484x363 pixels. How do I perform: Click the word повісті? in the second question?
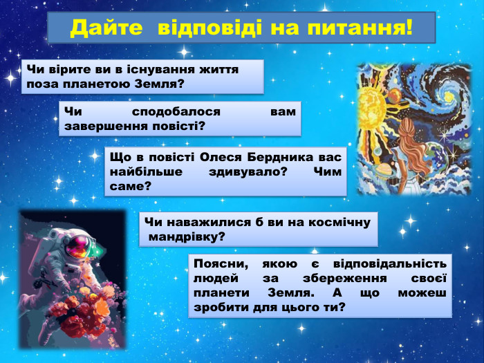[x=176, y=126]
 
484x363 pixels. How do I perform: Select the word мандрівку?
[x=187, y=236]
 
